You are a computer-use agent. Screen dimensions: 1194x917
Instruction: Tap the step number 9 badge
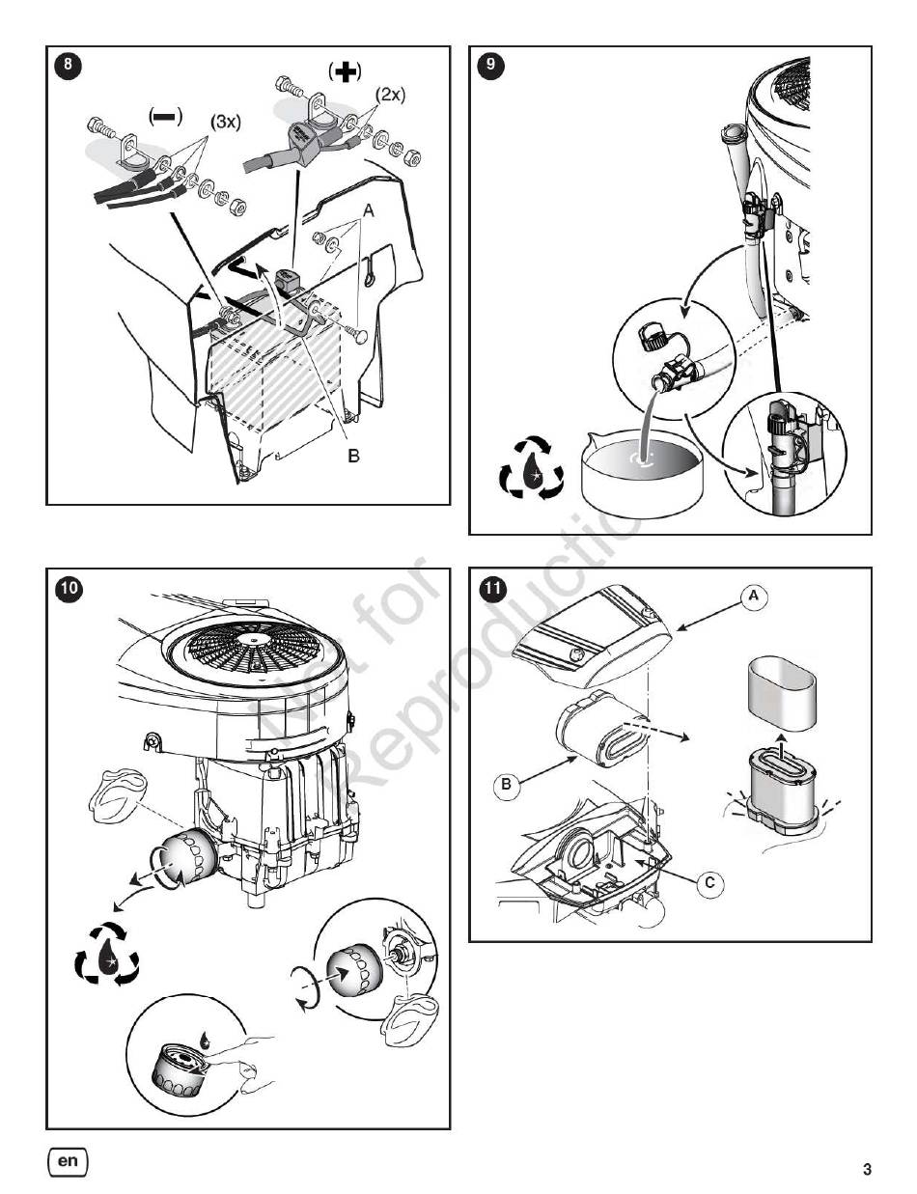[490, 66]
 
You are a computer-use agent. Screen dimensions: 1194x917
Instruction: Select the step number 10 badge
[68, 588]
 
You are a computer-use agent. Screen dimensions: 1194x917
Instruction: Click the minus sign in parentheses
[164, 115]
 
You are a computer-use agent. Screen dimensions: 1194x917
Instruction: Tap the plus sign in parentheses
[345, 71]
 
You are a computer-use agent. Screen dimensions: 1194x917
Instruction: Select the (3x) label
[225, 124]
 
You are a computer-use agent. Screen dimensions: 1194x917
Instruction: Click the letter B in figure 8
[353, 456]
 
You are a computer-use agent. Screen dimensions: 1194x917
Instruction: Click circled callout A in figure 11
[754, 597]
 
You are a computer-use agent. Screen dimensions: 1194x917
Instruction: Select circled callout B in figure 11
[507, 785]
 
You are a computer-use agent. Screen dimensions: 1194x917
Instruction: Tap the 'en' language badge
[67, 1161]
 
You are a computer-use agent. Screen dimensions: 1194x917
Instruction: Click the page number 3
[866, 1170]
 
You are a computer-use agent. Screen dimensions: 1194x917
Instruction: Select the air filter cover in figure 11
[594, 634]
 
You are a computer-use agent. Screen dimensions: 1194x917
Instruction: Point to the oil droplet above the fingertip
[206, 1041]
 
